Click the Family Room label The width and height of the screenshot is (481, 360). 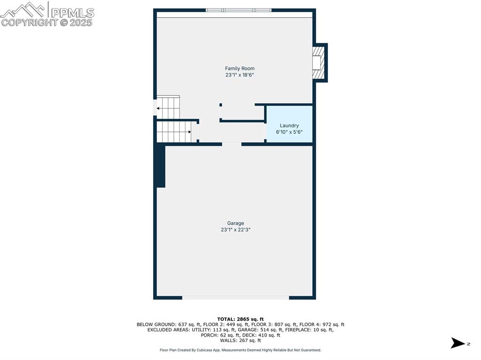pos(240,69)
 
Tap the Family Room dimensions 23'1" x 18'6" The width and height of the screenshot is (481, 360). pos(240,75)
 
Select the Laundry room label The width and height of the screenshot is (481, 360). pos(289,125)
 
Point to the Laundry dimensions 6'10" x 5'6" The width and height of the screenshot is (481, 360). pos(289,132)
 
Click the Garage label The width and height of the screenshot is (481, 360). pos(235,223)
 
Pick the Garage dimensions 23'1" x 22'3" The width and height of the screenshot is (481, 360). pos(235,230)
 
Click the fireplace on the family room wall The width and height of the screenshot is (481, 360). pos(319,62)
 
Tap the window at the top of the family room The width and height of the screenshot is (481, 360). pos(239,10)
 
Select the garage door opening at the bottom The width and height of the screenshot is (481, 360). pos(235,297)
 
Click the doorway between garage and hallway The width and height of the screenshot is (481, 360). pos(232,144)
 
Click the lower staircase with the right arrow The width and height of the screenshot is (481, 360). pos(174,131)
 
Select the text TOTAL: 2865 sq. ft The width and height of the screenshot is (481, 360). pos(240,319)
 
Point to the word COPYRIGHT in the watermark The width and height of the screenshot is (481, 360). pos(29,22)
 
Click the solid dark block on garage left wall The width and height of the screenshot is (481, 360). pos(160,166)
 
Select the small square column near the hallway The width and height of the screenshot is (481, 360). pos(221,105)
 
